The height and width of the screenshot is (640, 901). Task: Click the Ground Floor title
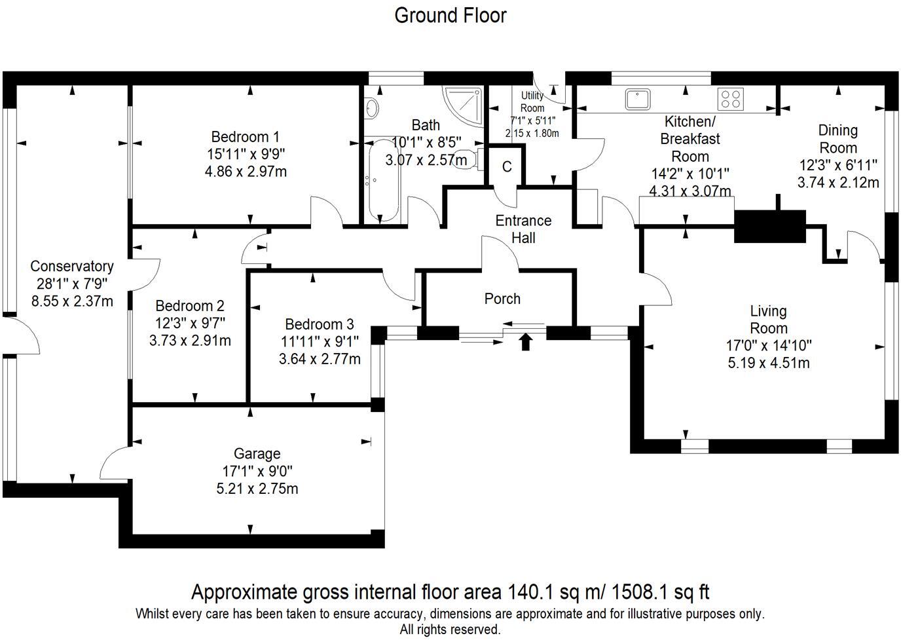pyautogui.click(x=450, y=15)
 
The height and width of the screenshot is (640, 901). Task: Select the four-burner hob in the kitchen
pyautogui.click(x=731, y=99)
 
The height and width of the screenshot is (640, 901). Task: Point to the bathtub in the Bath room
pyautogui.click(x=380, y=180)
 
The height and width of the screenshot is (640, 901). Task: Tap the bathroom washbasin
pyautogui.click(x=371, y=107)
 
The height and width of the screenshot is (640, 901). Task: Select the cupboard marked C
pyautogui.click(x=507, y=167)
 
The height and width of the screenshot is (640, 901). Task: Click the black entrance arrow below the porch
pyautogui.click(x=525, y=342)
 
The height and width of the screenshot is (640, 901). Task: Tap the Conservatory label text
pyautogui.click(x=72, y=267)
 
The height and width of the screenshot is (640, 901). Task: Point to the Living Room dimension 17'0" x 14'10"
pyautogui.click(x=769, y=345)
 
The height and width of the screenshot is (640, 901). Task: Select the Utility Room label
pyautogui.click(x=532, y=102)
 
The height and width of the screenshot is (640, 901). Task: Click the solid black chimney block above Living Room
pyautogui.click(x=770, y=227)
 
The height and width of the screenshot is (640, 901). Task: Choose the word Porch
pyautogui.click(x=502, y=299)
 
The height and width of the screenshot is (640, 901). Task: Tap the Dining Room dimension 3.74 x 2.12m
pyautogui.click(x=837, y=183)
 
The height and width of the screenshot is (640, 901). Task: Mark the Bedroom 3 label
pyautogui.click(x=320, y=324)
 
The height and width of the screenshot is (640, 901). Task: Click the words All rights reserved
pyautogui.click(x=450, y=630)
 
